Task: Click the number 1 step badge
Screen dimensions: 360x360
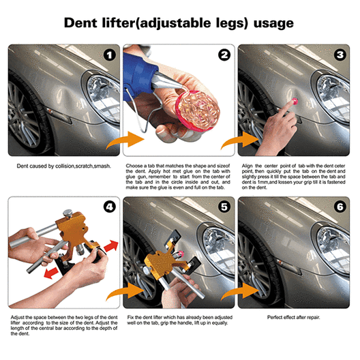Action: (x=110, y=55)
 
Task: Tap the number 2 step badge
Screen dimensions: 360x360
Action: (x=224, y=55)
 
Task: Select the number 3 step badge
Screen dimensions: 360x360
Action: (x=340, y=55)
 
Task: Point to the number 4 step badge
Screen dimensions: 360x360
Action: (x=110, y=207)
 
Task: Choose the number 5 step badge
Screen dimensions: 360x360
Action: (x=224, y=207)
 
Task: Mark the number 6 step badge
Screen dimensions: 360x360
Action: (x=340, y=207)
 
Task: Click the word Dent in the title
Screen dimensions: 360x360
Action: (x=80, y=23)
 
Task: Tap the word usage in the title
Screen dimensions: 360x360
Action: (x=273, y=24)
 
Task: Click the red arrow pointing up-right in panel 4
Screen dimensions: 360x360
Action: (x=111, y=245)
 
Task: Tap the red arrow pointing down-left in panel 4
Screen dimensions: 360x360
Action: (x=51, y=273)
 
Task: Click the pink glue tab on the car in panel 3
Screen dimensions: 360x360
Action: (x=295, y=100)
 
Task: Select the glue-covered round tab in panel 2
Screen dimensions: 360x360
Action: (x=197, y=110)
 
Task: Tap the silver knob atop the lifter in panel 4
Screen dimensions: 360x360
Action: (x=67, y=213)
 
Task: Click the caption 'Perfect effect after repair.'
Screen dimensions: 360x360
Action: (x=293, y=317)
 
